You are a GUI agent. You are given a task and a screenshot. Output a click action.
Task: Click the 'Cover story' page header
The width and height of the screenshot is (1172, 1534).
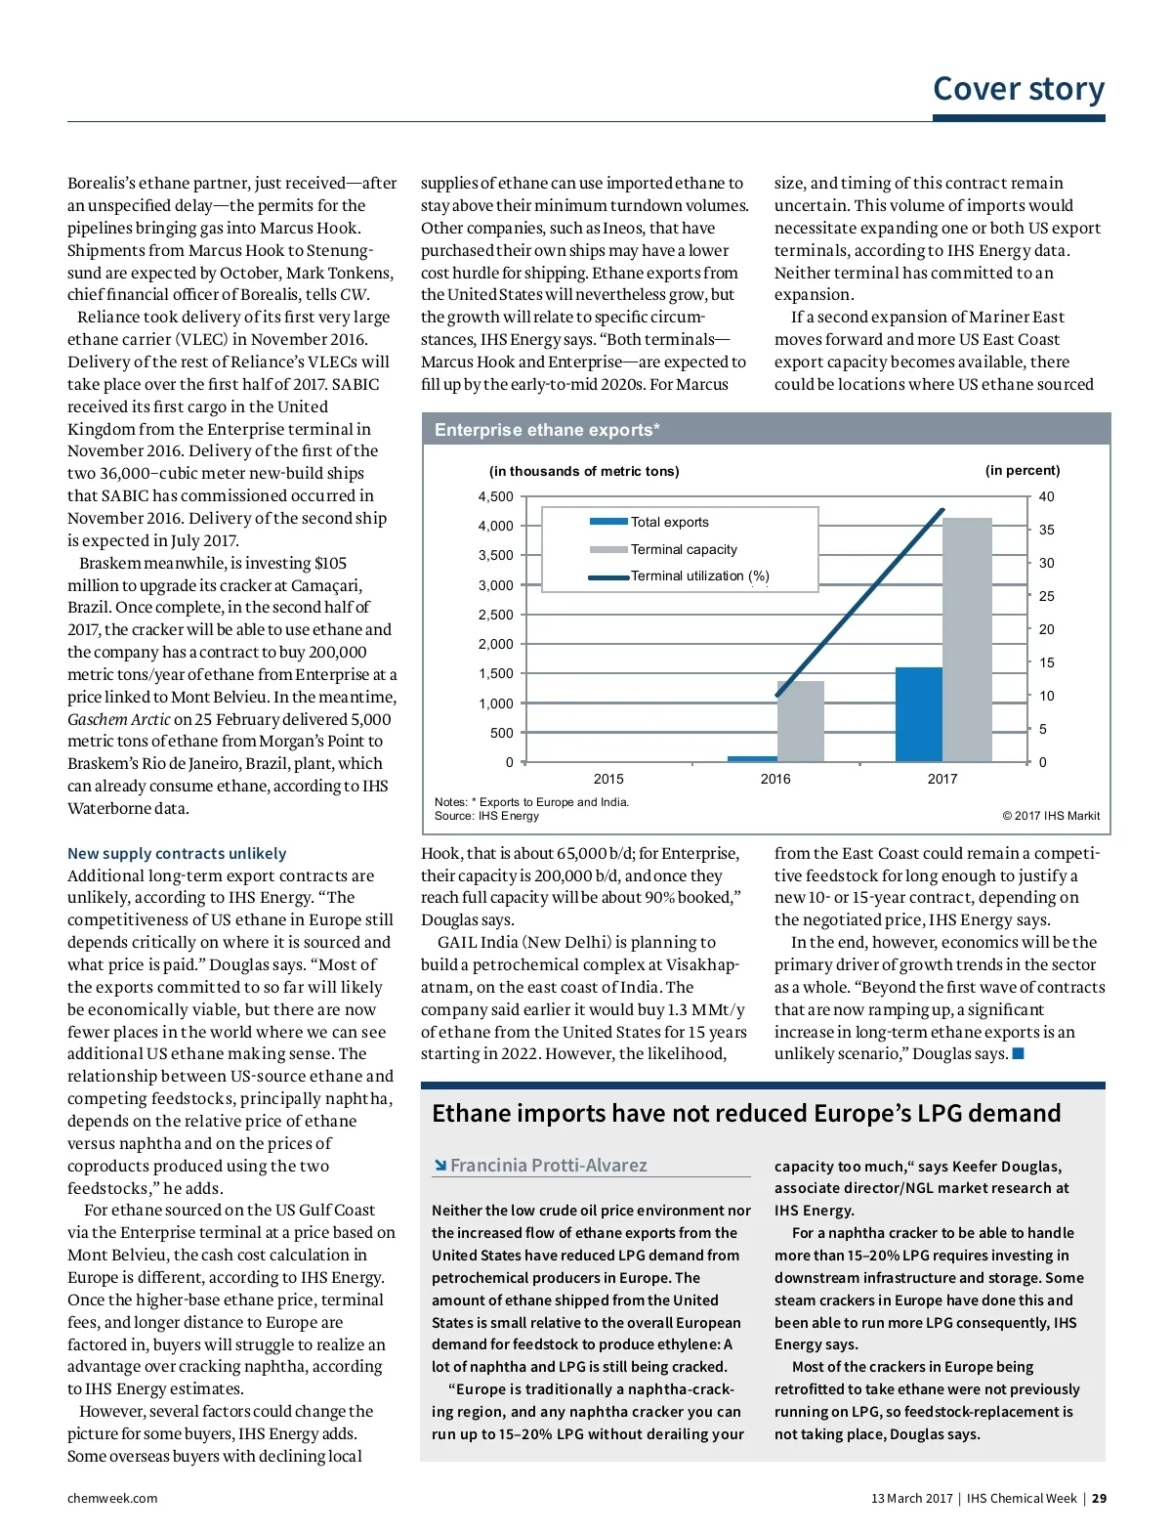[1018, 89]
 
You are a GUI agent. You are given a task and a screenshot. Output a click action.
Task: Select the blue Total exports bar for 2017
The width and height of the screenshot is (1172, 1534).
[918, 714]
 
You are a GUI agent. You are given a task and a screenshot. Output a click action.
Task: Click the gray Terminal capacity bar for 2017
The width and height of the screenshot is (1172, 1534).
[967, 640]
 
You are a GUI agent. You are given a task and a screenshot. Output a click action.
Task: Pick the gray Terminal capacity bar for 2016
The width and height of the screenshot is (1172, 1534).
[801, 721]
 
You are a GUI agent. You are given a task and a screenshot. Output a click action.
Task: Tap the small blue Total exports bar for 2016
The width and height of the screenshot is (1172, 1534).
[752, 758]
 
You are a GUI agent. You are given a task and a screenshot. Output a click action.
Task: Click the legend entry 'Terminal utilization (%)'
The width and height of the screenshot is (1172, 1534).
[699, 576]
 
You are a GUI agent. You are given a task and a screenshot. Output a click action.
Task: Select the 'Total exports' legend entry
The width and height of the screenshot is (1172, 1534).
[669, 523]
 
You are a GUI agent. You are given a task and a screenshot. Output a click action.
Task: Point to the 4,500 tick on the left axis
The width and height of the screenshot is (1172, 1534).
[495, 496]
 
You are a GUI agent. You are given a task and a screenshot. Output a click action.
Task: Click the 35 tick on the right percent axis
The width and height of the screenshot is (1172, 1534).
[1046, 530]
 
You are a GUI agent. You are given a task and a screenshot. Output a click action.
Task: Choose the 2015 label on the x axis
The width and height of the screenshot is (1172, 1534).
[608, 779]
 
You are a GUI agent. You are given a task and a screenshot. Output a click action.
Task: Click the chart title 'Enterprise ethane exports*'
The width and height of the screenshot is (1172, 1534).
[547, 430]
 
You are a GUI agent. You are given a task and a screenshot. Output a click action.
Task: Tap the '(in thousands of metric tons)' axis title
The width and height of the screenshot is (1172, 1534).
[584, 471]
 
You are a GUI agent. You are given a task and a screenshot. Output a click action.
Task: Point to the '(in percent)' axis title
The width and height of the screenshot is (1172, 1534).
[1022, 470]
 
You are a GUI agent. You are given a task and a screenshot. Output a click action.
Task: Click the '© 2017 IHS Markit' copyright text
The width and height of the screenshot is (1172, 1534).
[1050, 816]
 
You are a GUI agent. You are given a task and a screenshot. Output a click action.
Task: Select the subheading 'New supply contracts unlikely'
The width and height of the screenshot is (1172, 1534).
[177, 853]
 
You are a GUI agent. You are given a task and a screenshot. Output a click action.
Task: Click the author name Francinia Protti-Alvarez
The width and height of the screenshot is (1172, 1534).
[548, 1165]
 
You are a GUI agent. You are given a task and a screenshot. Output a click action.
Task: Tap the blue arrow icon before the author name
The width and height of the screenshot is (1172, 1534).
[440, 1165]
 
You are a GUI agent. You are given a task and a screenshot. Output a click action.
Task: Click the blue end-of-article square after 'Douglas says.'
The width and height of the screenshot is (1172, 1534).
[1019, 1053]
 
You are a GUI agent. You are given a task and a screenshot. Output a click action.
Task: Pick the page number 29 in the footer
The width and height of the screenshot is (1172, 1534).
[1099, 1498]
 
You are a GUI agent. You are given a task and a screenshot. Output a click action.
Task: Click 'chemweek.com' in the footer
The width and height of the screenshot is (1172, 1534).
[112, 1498]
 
